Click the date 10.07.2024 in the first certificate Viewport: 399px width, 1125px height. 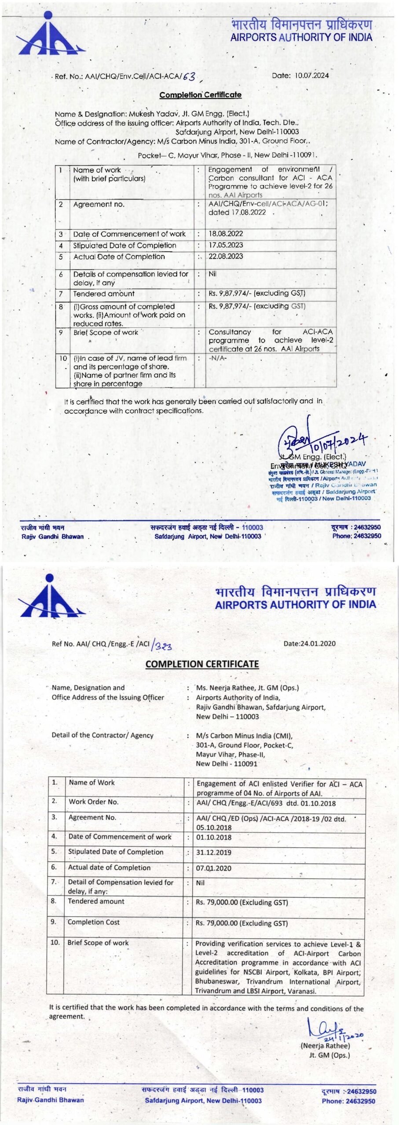(311, 75)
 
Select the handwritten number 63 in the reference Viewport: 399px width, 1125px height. (189, 77)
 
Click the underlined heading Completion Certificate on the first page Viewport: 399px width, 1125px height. (200, 94)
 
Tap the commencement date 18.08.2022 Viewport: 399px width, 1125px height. (226, 234)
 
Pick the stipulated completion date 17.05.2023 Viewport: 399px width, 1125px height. (226, 245)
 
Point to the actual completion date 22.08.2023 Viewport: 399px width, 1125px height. (226, 256)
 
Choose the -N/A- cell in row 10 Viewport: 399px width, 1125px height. (218, 358)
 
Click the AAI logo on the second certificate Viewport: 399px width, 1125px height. (50, 596)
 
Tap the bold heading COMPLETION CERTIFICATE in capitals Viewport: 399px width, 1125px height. (202, 664)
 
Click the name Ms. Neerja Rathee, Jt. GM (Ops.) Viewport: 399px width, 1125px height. (247, 688)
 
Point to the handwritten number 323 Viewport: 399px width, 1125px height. (162, 646)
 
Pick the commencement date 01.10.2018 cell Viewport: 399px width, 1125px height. (214, 837)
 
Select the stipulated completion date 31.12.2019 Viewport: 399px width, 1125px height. (214, 852)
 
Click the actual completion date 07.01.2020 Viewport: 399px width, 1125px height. (214, 868)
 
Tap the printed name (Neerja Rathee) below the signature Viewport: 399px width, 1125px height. (325, 1046)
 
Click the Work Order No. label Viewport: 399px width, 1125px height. (93, 802)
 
